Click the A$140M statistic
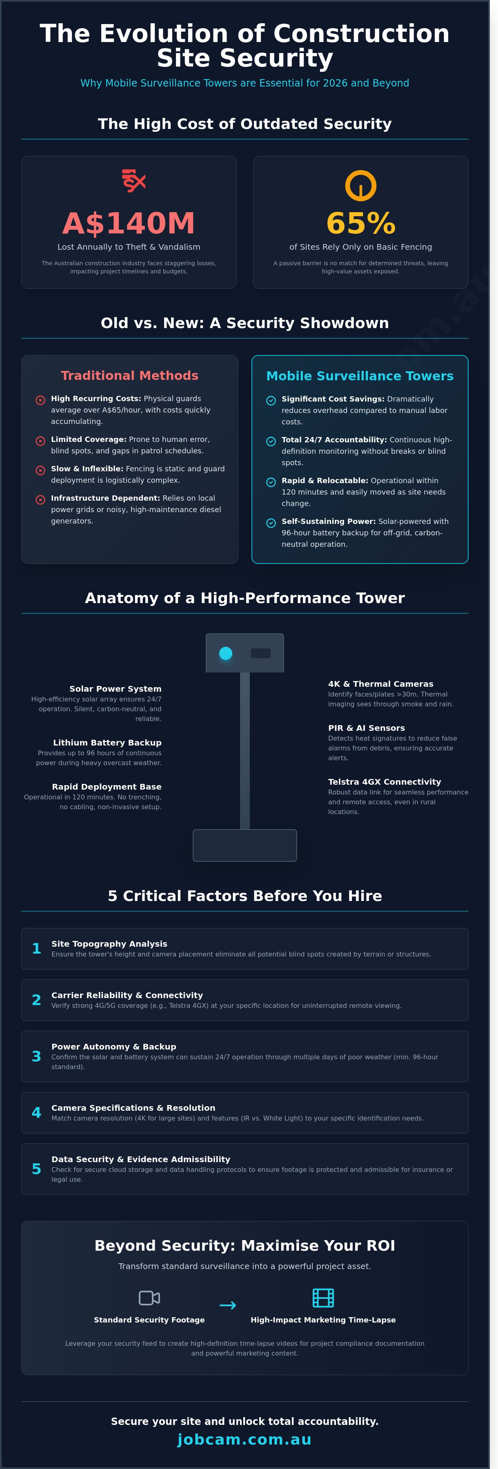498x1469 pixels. coord(129,223)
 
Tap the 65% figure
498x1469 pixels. coord(360,223)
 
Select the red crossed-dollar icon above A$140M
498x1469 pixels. coord(133,181)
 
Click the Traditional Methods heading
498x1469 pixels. coord(129,375)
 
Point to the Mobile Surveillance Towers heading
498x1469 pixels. coord(360,376)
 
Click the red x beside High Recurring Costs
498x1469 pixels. coord(40,400)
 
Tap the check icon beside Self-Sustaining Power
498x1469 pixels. coord(271,523)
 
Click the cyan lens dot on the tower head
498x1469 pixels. coord(226,653)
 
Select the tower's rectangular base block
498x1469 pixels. coord(245,845)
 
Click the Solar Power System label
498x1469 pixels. coord(115,689)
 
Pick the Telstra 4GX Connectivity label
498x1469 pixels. coord(385,782)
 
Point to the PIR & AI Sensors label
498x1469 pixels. coord(366,728)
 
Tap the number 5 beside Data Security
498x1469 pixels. coord(36,1169)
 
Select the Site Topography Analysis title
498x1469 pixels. coord(109,944)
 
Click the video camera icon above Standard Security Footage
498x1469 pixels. coord(149,1298)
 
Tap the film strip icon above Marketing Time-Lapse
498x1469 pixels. coord(323,1298)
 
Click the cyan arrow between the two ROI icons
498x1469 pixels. coord(228,1305)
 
